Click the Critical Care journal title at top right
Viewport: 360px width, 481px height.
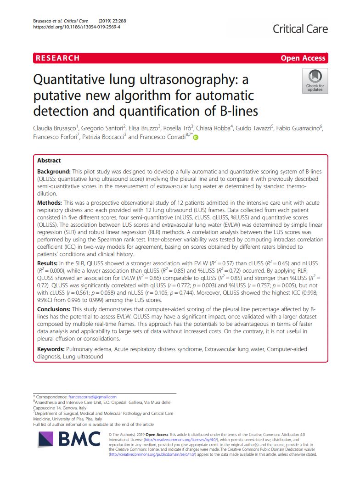(x=300, y=29)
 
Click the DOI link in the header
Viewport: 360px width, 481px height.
(x=77, y=27)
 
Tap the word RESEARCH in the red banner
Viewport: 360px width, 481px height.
(x=57, y=58)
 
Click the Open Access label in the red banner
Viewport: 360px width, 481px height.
(x=303, y=58)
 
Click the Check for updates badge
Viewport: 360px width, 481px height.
(x=315, y=81)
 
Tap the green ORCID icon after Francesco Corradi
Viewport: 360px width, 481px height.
(x=196, y=137)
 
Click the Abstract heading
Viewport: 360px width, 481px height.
(x=49, y=161)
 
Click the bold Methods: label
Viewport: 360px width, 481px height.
(x=50, y=202)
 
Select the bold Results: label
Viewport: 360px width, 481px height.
(x=48, y=264)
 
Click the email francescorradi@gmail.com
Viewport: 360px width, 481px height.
(x=92, y=397)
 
